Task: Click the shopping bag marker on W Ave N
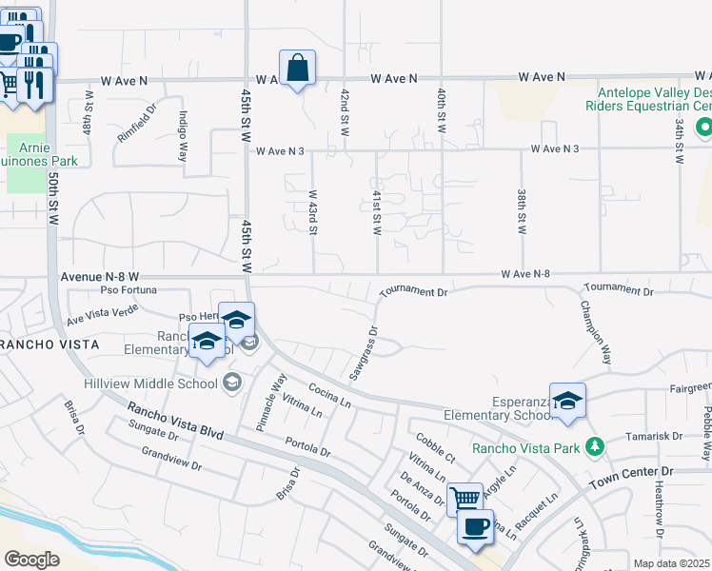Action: (297, 69)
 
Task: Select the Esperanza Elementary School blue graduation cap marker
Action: (566, 402)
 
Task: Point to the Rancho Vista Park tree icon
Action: (595, 445)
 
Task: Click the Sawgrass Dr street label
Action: (364, 355)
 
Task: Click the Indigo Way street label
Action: (182, 134)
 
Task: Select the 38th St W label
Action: (523, 210)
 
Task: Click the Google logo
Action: (32, 559)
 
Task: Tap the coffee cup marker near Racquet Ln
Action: (475, 525)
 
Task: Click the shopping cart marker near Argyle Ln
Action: (465, 499)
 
